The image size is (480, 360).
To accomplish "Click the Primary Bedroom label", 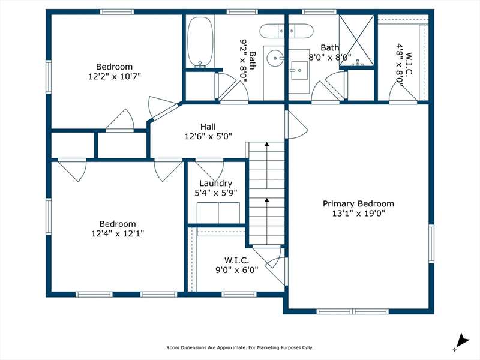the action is click(x=358, y=203).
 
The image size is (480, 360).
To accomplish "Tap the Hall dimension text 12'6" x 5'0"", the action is click(x=208, y=136).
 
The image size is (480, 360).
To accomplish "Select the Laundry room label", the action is click(x=216, y=184).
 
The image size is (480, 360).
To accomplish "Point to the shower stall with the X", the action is click(x=356, y=40).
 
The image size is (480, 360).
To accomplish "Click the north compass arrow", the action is click(x=462, y=341).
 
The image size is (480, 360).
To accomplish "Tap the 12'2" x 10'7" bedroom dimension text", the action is click(x=115, y=76).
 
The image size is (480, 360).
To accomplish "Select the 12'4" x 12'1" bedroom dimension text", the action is click(x=118, y=233).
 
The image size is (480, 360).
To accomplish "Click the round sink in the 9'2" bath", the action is click(x=275, y=58).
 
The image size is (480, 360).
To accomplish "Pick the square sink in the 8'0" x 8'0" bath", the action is click(x=299, y=70).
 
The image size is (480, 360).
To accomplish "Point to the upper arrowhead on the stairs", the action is click(x=267, y=143).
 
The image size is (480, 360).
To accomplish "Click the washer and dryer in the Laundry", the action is click(x=218, y=213).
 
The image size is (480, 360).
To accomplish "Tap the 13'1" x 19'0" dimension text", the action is click(x=358, y=214).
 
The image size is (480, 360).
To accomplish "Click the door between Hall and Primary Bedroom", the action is click(x=296, y=124).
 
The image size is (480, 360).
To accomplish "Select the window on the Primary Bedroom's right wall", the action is click(x=431, y=244).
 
